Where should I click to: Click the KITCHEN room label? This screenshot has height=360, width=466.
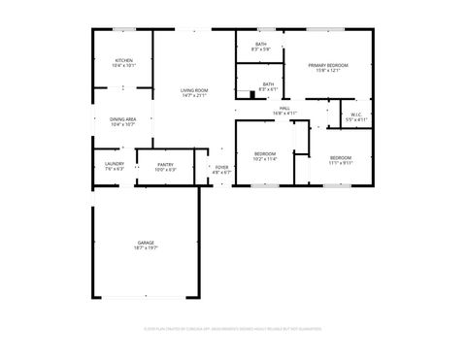click(123, 61)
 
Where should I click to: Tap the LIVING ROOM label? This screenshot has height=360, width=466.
click(194, 90)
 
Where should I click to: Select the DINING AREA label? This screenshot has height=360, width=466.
click(122, 119)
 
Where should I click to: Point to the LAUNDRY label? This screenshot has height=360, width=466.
click(114, 164)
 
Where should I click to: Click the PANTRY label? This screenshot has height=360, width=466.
click(165, 164)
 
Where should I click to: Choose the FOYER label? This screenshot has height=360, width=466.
click(222, 167)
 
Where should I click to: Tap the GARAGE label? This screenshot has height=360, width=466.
click(146, 243)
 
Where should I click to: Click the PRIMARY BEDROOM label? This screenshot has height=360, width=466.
click(328, 65)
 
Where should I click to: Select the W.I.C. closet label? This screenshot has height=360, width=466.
click(357, 115)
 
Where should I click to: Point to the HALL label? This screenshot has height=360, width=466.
click(284, 108)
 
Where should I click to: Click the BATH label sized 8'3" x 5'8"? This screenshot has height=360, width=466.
click(261, 44)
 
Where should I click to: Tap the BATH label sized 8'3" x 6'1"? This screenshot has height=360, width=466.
click(268, 83)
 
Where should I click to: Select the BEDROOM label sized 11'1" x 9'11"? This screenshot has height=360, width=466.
click(340, 157)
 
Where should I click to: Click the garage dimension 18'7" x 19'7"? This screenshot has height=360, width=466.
click(146, 248)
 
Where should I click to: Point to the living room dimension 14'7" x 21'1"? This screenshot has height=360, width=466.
click(194, 96)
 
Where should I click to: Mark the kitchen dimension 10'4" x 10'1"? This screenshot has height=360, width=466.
click(123, 67)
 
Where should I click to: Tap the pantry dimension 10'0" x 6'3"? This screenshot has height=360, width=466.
click(165, 170)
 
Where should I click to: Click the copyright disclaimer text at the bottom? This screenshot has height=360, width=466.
click(233, 329)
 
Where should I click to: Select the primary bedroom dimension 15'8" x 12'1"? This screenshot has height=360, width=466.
click(328, 71)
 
